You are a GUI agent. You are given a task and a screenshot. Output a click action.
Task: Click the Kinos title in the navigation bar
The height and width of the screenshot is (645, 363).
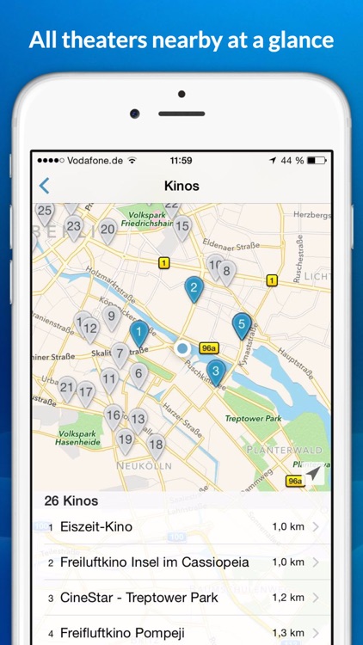click(x=181, y=186)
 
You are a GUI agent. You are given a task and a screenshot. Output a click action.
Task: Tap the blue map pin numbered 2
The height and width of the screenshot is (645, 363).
click(x=194, y=288)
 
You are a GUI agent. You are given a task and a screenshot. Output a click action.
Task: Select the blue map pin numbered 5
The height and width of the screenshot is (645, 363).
click(x=242, y=325)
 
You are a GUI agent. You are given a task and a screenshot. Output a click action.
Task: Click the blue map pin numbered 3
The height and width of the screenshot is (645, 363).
click(x=216, y=372)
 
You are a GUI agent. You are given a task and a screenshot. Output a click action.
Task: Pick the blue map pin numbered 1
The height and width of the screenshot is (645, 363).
click(x=138, y=331)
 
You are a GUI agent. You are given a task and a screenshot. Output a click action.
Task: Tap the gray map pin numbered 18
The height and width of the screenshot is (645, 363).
click(x=156, y=445)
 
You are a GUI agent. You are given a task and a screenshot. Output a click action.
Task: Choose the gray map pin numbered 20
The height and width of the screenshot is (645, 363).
click(x=108, y=230)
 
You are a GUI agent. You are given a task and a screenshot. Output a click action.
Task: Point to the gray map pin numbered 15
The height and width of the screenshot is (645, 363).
click(x=181, y=228)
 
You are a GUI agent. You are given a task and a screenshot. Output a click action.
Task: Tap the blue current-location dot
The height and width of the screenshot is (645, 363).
click(x=182, y=348)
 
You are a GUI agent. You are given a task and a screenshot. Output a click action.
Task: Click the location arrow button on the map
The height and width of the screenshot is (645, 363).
click(x=313, y=474)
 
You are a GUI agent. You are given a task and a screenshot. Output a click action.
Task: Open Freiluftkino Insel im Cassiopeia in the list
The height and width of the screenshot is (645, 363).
click(x=155, y=562)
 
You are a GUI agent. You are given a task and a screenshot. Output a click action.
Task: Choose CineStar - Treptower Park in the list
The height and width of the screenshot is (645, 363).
click(x=138, y=598)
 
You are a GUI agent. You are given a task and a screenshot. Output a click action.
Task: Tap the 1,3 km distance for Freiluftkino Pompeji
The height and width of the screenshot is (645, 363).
click(x=288, y=633)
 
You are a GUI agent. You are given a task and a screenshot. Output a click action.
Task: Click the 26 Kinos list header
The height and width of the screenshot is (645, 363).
click(x=71, y=501)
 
